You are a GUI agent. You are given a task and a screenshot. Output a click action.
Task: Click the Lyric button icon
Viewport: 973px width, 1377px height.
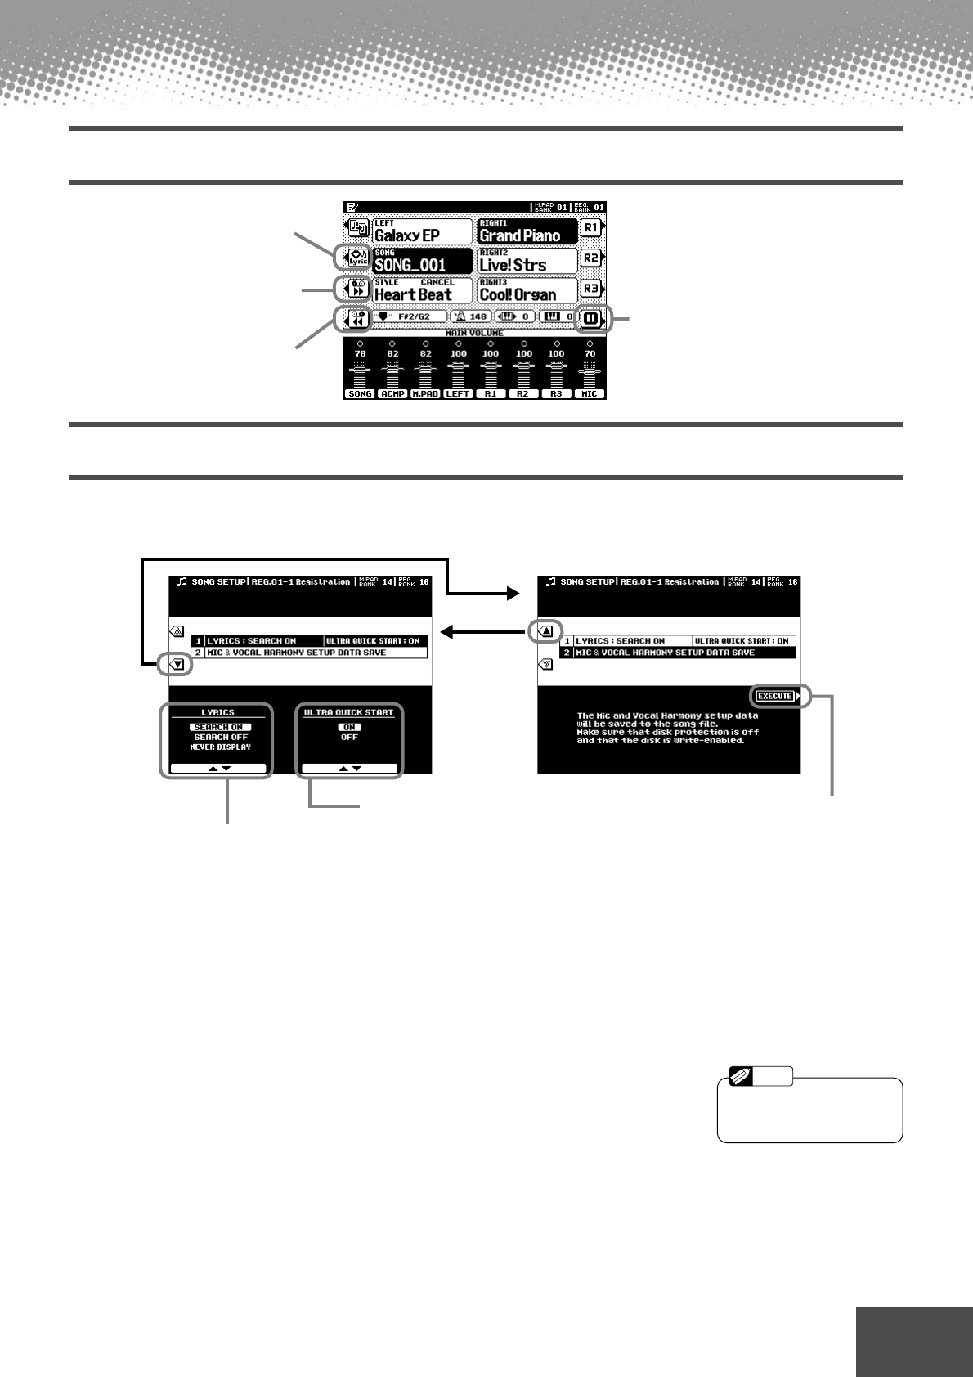click(357, 258)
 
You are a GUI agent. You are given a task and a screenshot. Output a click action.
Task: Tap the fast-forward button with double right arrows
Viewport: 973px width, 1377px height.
click(357, 289)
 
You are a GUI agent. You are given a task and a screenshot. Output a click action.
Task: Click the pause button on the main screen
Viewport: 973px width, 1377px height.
click(590, 318)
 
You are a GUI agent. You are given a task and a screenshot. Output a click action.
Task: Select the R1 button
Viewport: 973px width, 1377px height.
click(590, 228)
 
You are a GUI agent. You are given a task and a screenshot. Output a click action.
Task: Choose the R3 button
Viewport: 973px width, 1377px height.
click(590, 289)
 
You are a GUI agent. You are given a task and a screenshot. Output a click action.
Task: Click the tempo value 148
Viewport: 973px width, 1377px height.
click(478, 316)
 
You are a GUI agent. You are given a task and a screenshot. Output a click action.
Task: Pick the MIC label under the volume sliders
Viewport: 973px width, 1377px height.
click(590, 394)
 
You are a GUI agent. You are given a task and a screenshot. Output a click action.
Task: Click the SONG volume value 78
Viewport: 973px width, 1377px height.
click(360, 354)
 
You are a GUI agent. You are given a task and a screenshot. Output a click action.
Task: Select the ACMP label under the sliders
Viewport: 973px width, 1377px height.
click(392, 394)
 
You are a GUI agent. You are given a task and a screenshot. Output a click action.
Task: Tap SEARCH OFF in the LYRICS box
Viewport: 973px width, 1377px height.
click(220, 737)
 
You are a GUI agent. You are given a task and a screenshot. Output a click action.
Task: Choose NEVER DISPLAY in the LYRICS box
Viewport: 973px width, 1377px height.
click(220, 747)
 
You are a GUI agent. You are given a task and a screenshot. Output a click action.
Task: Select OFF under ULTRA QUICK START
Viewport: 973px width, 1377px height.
click(349, 737)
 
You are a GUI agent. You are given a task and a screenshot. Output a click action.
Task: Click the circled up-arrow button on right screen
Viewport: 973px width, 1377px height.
click(546, 630)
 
